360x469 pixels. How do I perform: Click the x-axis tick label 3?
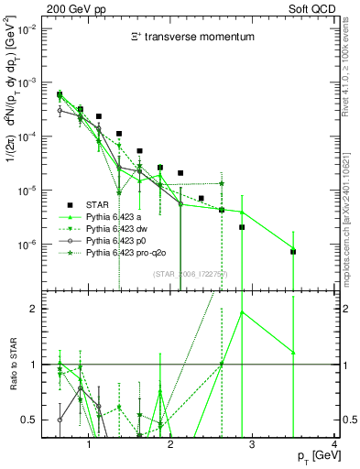tap(253, 445)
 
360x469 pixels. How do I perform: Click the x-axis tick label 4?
tap(333, 445)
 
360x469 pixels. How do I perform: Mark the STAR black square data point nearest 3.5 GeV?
tap(293, 251)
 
